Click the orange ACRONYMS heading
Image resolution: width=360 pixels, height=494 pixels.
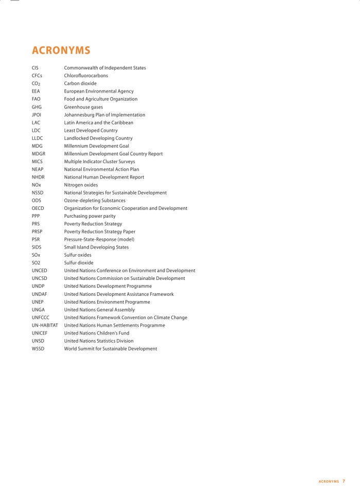tap(61, 50)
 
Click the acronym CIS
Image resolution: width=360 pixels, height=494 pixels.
tap(35, 68)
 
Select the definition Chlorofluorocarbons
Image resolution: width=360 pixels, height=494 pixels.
tap(86, 76)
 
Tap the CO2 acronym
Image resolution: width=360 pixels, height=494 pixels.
tap(35, 83)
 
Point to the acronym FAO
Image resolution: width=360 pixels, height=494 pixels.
tap(36, 99)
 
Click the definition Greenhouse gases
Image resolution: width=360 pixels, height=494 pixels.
tap(83, 107)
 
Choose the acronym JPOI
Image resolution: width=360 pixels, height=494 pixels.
tap(37, 115)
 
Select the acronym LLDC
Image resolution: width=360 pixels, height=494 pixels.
tap(38, 138)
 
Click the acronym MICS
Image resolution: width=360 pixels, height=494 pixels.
tap(37, 162)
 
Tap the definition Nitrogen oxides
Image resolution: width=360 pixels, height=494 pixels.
tap(81, 185)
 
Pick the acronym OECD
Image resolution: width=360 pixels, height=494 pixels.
tap(38, 208)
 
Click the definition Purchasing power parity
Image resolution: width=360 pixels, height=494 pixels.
tap(89, 216)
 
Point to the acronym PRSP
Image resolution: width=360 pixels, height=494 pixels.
tap(37, 232)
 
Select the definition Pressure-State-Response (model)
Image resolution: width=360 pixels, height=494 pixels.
tap(99, 239)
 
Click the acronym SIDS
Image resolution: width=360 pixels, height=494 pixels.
tap(37, 247)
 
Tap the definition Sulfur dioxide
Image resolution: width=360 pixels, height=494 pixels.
tap(79, 263)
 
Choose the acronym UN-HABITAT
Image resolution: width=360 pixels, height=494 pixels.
tap(45, 325)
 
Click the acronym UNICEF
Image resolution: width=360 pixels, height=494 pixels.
tap(39, 333)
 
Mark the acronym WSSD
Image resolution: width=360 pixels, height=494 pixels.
tap(38, 349)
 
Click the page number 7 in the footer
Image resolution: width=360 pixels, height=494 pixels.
tap(344, 481)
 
